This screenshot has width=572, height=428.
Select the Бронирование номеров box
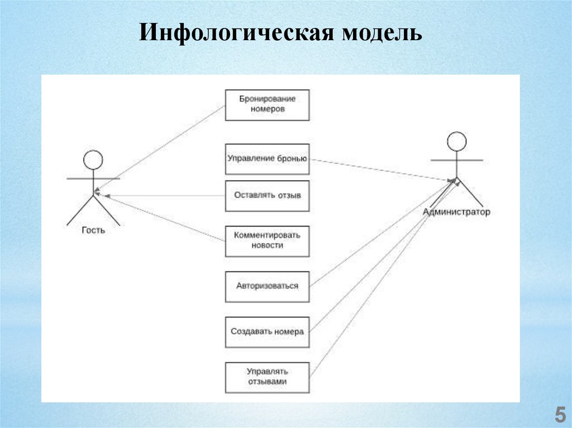pos(267,105)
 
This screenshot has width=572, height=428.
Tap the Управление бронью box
pos(267,158)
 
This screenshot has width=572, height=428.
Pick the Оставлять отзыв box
pos(267,195)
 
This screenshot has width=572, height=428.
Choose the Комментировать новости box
pos(267,241)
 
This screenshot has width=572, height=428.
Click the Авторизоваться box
pos(267,286)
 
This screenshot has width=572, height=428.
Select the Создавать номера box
pos(267,331)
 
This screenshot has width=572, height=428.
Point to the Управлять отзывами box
pos(267,377)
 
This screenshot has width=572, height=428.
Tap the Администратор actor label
pos(456,212)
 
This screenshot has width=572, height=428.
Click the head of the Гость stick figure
pos(93,160)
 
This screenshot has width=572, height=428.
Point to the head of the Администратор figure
pos(457,141)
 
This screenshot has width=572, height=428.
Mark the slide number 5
pos(559,416)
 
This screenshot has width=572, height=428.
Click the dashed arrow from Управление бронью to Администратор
pos(380,170)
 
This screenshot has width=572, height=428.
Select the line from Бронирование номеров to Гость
pos(162,146)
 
